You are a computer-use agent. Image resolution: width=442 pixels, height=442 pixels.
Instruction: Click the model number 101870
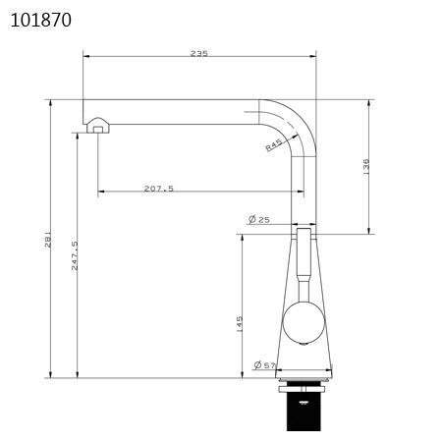click(41, 20)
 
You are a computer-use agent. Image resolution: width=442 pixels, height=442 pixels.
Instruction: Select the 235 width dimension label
click(199, 53)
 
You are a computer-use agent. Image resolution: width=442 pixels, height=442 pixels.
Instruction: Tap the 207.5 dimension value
click(159, 189)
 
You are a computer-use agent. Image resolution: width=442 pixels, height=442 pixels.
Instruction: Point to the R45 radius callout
click(274, 144)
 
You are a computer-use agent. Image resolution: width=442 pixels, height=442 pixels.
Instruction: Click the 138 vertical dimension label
click(366, 166)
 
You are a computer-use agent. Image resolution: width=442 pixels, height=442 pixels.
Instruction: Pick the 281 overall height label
click(48, 239)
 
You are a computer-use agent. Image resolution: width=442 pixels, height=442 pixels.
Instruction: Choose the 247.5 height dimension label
click(75, 255)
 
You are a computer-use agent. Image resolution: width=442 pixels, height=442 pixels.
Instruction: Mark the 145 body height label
click(240, 324)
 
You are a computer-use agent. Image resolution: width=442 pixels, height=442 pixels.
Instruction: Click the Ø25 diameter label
click(259, 219)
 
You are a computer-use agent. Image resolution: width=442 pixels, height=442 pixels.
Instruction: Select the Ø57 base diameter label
click(264, 364)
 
